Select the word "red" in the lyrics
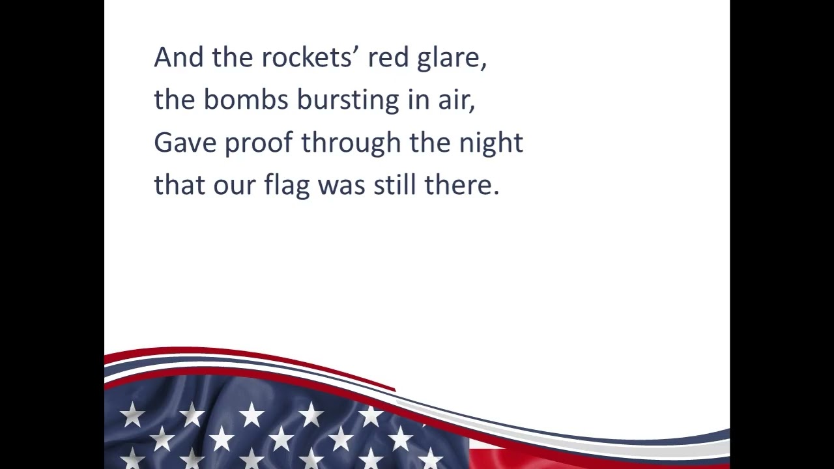(388, 58)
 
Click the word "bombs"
(246, 100)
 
